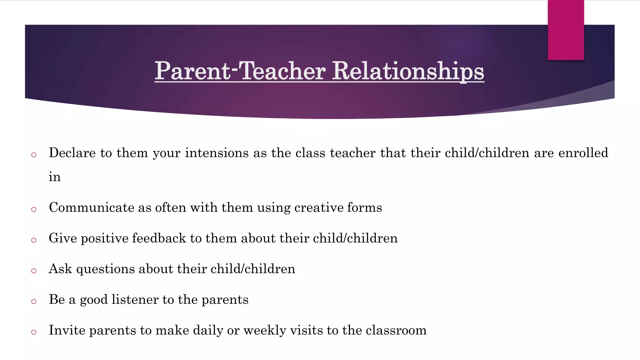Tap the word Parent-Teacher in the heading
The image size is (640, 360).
pyautogui.click(x=240, y=71)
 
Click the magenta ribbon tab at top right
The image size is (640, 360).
pyautogui.click(x=566, y=30)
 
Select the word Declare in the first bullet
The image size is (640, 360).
pyautogui.click(x=72, y=153)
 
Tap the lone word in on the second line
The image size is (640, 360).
pyautogui.click(x=55, y=177)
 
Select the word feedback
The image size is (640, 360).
pyautogui.click(x=159, y=238)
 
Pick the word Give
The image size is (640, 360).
pyautogui.click(x=62, y=238)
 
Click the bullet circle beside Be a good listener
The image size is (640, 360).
pyautogui.click(x=34, y=302)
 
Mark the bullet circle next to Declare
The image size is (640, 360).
pyautogui.click(x=34, y=155)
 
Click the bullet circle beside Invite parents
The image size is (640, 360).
pyautogui.click(x=34, y=332)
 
